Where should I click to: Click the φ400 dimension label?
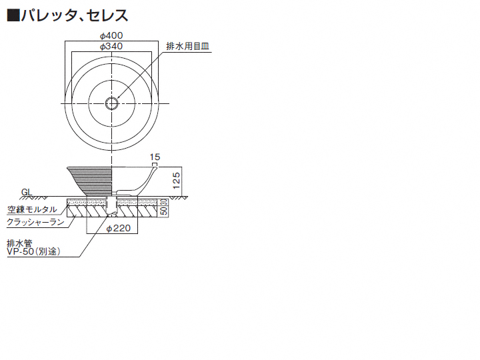tap(111, 35)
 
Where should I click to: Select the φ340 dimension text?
tap(111, 46)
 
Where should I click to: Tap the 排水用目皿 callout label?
tap(187, 46)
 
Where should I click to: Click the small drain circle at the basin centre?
tap(111, 103)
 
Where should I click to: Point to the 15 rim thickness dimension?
tap(155, 157)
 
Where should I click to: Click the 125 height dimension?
tap(176, 180)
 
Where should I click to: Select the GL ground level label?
tap(27, 192)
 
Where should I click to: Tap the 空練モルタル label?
tap(32, 209)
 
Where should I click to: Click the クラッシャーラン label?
tap(35, 222)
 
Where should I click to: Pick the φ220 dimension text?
tap(119, 229)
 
